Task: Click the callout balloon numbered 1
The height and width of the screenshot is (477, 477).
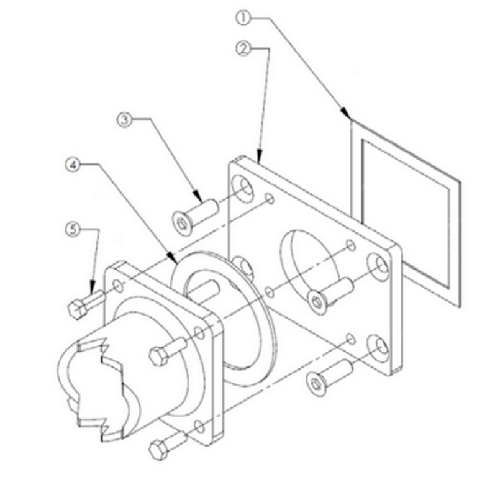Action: [x=243, y=18]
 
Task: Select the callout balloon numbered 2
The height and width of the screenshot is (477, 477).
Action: [x=243, y=48]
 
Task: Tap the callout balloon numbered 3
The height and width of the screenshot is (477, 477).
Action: [x=125, y=119]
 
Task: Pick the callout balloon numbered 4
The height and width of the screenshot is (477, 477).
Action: [x=73, y=165]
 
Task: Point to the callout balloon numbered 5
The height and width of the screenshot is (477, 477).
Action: [x=73, y=229]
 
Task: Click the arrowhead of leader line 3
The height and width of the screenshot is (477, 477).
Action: [x=197, y=196]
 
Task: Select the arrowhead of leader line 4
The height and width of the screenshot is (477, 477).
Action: [x=173, y=258]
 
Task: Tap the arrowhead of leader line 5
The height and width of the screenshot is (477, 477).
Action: [x=92, y=288]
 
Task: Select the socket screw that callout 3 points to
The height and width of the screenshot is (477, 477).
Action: [x=195, y=216]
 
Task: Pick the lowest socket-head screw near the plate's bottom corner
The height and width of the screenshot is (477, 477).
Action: [x=329, y=374]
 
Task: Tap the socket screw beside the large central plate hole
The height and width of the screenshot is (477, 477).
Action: [x=330, y=294]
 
